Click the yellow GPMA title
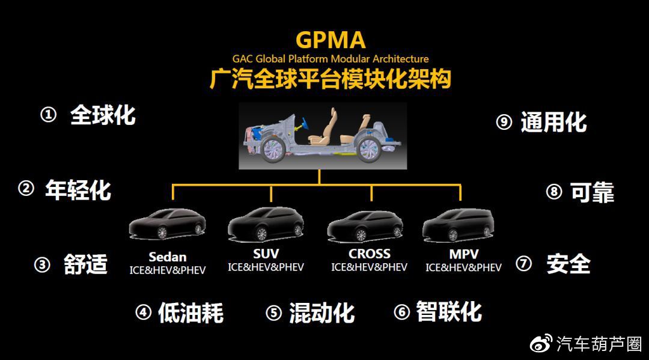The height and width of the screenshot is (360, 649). (330, 40)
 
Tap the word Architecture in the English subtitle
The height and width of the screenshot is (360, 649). (401, 59)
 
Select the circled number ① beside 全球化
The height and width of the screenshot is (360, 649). (48, 115)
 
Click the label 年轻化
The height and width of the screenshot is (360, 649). (78, 190)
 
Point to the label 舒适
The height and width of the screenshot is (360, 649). (85, 264)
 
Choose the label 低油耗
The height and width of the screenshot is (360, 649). (190, 313)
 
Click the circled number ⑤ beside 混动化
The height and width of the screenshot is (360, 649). (273, 313)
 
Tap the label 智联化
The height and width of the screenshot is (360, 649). (449, 312)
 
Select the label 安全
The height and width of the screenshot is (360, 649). (568, 264)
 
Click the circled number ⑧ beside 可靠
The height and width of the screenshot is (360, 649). (553, 192)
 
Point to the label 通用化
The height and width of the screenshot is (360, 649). (553, 122)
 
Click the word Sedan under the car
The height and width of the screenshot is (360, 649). (168, 257)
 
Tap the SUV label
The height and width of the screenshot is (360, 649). (266, 253)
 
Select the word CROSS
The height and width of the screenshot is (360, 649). (370, 254)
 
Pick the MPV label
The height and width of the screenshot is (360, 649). (463, 254)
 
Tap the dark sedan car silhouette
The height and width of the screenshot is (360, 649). (167, 225)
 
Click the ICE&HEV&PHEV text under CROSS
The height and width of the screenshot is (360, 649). (369, 267)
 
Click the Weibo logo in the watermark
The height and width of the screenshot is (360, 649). (541, 344)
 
